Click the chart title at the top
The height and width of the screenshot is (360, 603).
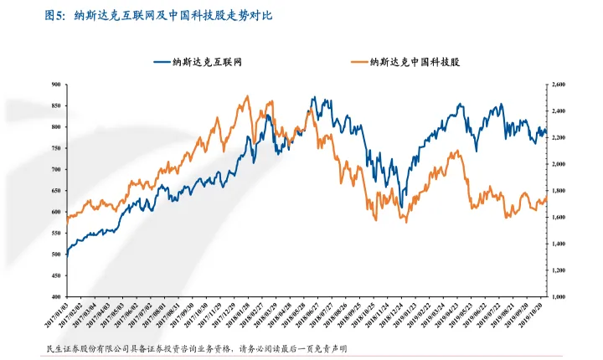tap(158, 14)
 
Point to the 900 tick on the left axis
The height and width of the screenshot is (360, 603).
tap(56, 85)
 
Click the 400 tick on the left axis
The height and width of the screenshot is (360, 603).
tap(56, 296)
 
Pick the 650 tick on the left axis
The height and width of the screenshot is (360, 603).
tap(56, 191)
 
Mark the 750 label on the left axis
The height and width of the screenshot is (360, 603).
tap(56, 148)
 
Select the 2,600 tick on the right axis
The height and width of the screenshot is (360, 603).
tap(559, 85)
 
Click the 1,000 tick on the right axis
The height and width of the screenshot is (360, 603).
tap(559, 296)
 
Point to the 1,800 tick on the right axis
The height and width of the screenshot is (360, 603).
tap(559, 191)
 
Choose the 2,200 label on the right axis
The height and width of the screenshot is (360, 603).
tap(559, 137)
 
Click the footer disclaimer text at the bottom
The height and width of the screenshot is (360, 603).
tap(198, 348)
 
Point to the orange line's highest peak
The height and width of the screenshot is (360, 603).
tap(247, 96)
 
